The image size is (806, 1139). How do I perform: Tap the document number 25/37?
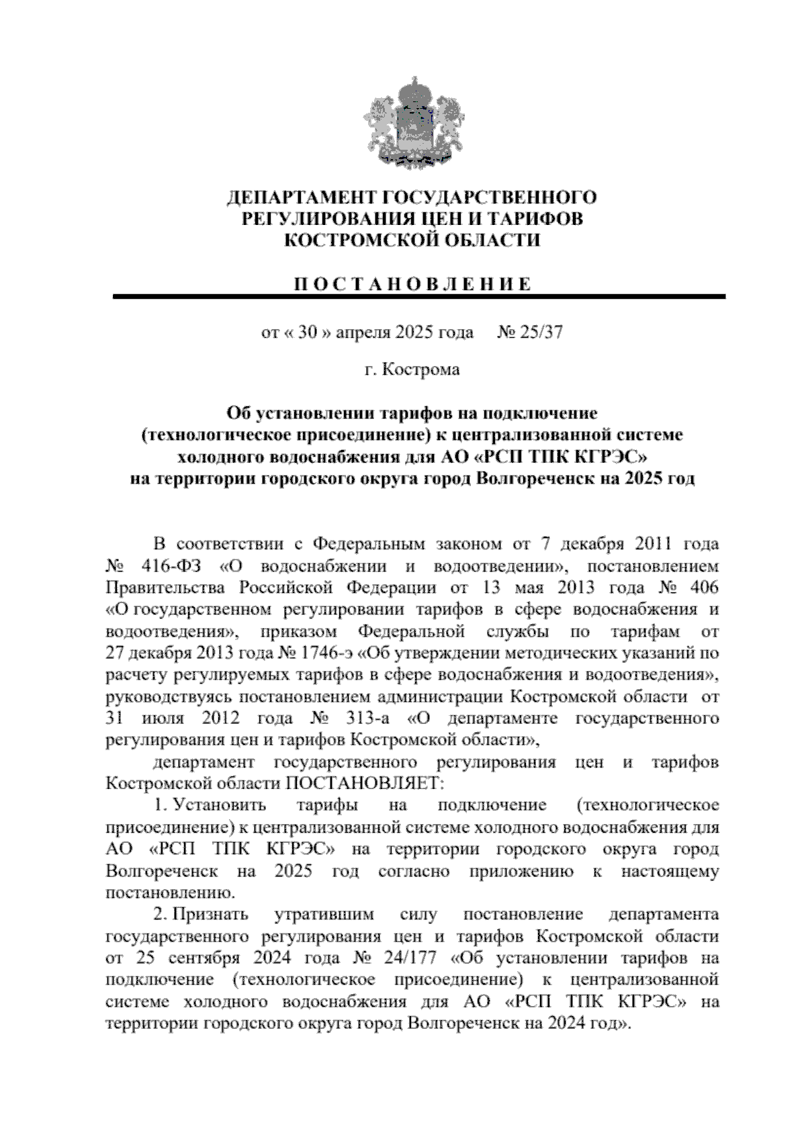pyautogui.click(x=539, y=332)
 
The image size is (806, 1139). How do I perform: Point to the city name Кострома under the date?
pyautogui.click(x=421, y=369)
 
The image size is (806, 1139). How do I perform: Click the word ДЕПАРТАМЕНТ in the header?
pyautogui.click(x=303, y=197)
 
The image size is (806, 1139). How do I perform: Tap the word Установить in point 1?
pyautogui.click(x=220, y=805)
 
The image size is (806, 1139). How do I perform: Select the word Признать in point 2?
pyautogui.click(x=210, y=914)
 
